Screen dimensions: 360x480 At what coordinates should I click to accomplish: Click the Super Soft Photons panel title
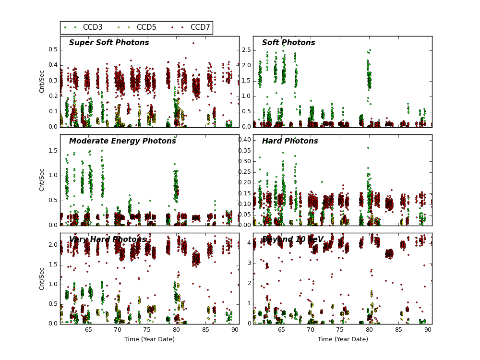(109, 43)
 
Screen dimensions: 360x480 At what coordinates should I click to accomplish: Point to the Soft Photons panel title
(288, 43)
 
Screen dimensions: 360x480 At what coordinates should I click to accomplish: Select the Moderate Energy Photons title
(122, 141)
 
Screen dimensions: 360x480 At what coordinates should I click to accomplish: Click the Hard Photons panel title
(290, 141)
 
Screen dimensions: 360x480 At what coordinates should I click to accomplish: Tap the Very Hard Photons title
(108, 240)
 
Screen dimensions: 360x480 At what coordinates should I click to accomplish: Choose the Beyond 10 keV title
(293, 240)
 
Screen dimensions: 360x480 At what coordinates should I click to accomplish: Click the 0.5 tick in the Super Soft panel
(53, 49)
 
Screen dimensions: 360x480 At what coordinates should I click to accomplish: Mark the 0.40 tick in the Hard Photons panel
(244, 140)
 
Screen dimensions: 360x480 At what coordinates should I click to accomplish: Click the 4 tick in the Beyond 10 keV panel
(248, 243)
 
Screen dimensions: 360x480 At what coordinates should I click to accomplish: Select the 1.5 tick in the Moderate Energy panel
(53, 151)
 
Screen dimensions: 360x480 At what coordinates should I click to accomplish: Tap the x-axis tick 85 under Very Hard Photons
(205, 330)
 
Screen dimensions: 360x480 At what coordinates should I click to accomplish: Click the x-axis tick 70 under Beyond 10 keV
(311, 330)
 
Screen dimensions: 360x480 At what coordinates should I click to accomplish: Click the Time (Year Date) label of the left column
(150, 339)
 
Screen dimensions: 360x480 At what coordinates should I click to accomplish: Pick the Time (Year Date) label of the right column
(343, 339)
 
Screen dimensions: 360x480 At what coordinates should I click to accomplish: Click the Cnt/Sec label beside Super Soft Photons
(42, 82)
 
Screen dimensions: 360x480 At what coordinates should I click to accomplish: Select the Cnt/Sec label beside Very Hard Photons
(42, 278)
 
